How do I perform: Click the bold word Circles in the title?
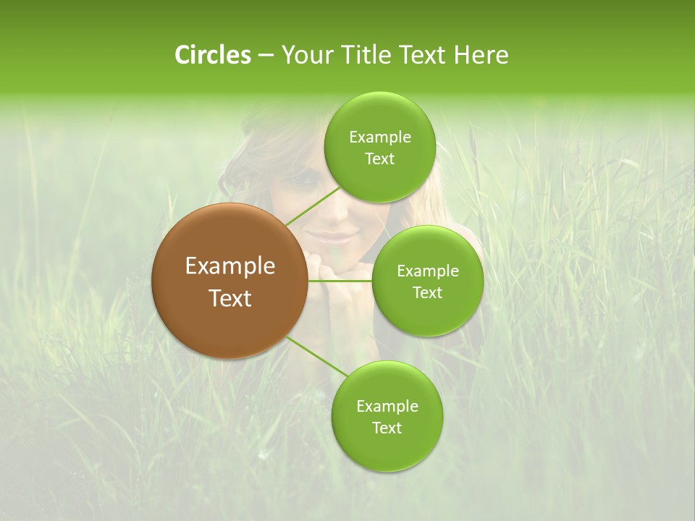pos(212,55)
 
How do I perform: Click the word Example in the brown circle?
pos(229,266)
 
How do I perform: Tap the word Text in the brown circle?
pos(229,298)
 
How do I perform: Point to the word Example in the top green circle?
pos(379,137)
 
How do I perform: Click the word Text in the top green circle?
pos(379,159)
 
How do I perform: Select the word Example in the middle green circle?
pos(427,271)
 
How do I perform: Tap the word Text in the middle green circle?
pos(427,293)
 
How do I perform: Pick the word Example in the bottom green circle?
pos(387,407)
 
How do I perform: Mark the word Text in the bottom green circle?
pos(387,428)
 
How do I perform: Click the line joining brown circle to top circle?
pos(312,206)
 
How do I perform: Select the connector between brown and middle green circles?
pos(340,280)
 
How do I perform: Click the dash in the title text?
pos(265,55)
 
